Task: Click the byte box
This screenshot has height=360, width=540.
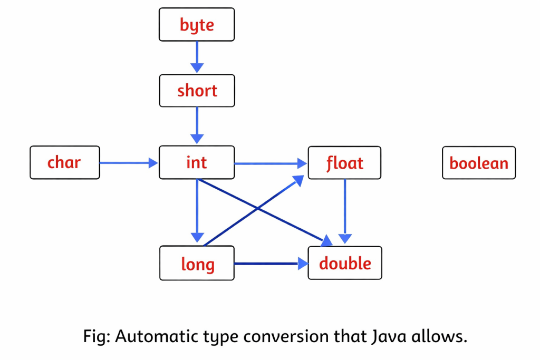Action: [x=197, y=25]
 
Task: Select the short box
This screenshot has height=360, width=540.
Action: [x=197, y=91]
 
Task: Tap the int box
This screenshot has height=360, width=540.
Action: [x=197, y=163]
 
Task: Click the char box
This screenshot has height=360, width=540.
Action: [x=65, y=163]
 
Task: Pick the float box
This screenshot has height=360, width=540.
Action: [x=344, y=163]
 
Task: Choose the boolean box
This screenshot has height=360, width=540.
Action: [x=478, y=163]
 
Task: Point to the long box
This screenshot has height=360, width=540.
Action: [x=197, y=263]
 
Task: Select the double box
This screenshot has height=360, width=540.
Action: [x=344, y=263]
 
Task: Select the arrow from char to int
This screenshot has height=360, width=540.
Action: [x=129, y=163]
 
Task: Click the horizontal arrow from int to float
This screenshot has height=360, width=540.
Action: [x=271, y=163]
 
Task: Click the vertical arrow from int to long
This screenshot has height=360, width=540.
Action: [x=197, y=211]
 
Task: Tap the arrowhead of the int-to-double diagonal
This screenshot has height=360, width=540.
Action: [x=327, y=241]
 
